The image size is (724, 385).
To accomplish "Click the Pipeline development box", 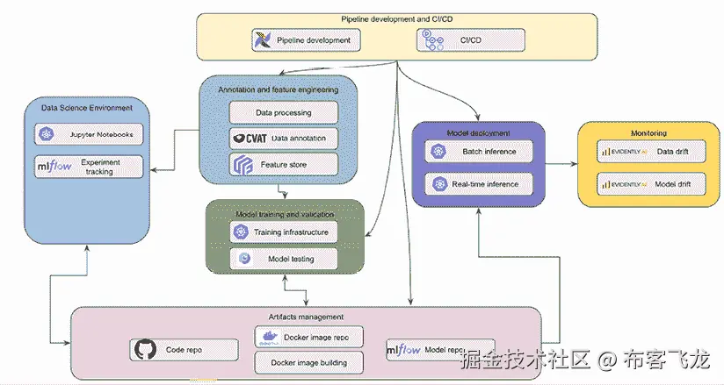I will coord(303,39).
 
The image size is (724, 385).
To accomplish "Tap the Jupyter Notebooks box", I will coord(89,134).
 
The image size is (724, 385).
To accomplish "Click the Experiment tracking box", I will coord(89,167).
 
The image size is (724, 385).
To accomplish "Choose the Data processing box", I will coord(283,113).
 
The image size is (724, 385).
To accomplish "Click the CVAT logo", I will coord(249,138).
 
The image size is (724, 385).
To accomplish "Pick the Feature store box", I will coord(283,164).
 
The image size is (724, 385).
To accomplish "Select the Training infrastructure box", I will coord(283,232).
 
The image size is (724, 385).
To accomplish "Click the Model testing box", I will coord(283,258).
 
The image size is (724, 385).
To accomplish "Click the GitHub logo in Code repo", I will coord(144,350).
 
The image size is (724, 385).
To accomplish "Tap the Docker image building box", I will coord(308,361).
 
